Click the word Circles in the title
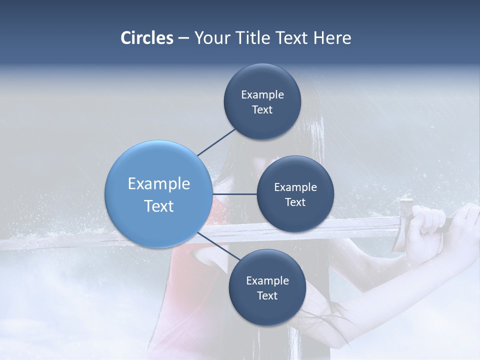pos(146,38)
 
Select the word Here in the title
pos(332,38)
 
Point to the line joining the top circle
pos(216,142)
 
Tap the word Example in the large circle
pos(158,184)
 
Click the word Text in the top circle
pos(262,110)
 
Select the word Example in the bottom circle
pos(267,280)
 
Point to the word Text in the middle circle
pos(295,202)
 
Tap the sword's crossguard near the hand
pos(404,225)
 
